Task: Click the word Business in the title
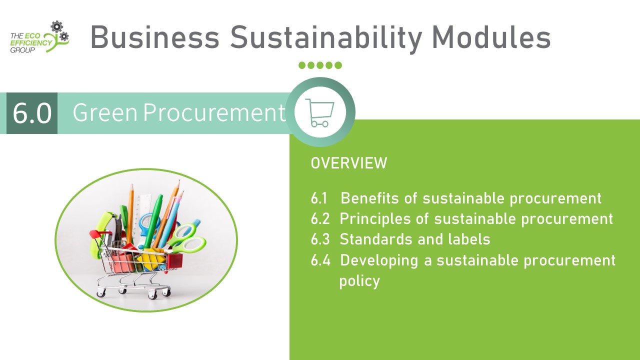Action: coord(155,37)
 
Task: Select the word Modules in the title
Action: coord(491,37)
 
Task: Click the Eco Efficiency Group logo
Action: coord(39,37)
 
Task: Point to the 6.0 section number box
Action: coord(32,113)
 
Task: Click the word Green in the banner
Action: coord(105,112)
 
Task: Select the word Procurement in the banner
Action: coord(214,112)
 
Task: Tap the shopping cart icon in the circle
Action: coord(319,112)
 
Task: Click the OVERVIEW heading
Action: coord(349,163)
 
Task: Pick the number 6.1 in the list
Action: coord(319,198)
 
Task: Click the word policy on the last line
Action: coord(359,281)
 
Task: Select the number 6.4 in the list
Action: coord(320,260)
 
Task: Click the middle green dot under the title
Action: coord(320,65)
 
